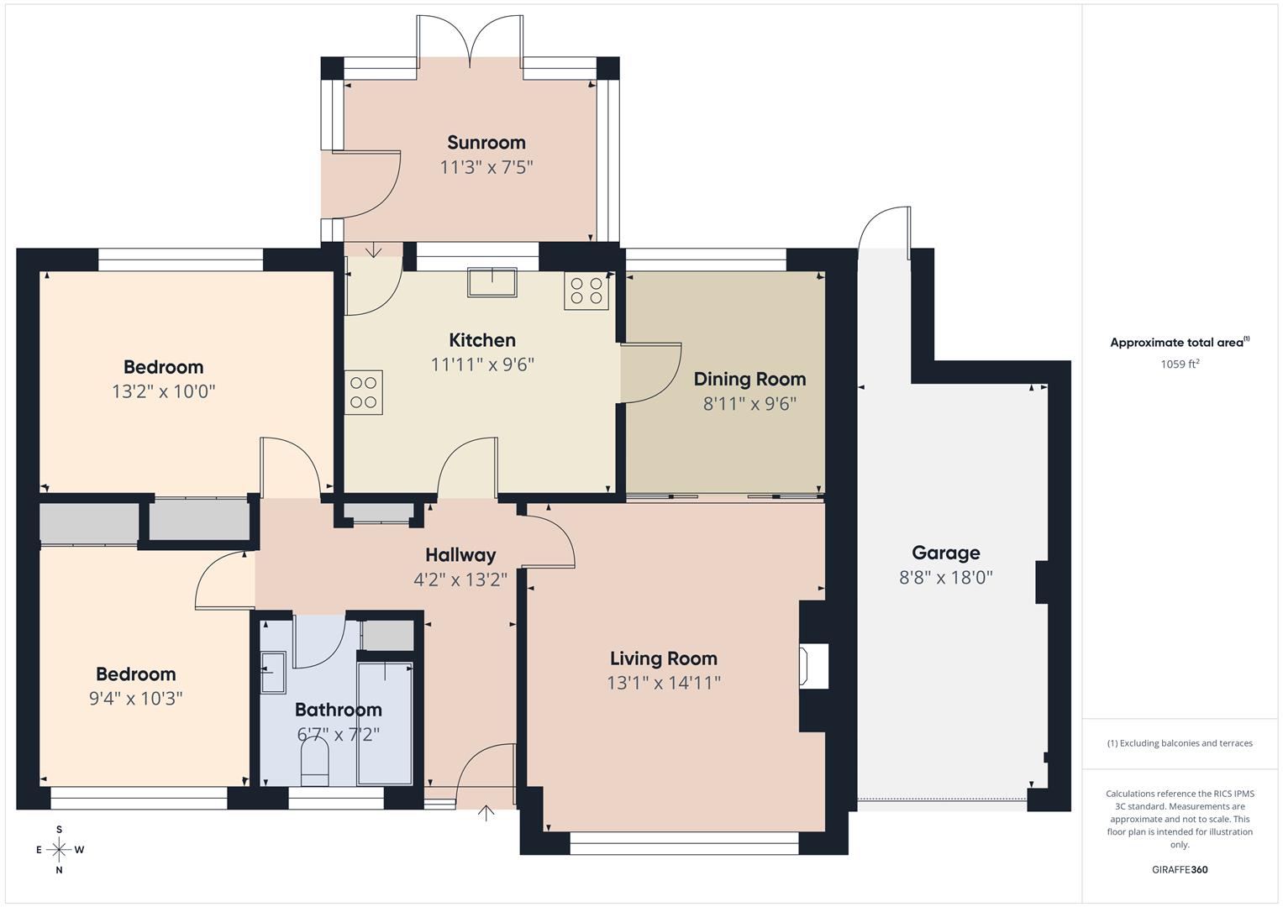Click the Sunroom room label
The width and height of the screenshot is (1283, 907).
pos(486,143)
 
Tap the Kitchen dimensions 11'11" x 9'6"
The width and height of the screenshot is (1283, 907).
pos(482,364)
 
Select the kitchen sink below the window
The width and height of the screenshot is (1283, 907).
pos(492,282)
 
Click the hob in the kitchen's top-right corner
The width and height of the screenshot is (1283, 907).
pos(586,291)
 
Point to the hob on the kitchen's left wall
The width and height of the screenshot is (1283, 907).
pos(363,392)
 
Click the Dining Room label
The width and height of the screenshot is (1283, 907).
pos(749,379)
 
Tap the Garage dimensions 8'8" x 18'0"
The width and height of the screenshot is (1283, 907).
pos(945,578)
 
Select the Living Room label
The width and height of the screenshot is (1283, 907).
pos(663,658)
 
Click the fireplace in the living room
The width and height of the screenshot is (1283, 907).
pos(814,666)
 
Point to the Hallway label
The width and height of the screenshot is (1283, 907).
pos(460,555)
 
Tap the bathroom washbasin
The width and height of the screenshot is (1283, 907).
pos(272,673)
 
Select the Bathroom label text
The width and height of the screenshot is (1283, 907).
pos(338,710)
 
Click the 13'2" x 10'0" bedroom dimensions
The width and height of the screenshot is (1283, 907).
pos(163,391)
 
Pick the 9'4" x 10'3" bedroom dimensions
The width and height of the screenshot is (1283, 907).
pos(135,699)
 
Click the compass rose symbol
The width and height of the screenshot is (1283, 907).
pos(59,850)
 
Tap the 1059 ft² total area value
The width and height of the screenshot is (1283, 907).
pos(1179,364)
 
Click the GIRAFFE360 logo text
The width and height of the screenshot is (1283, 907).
pos(1179,870)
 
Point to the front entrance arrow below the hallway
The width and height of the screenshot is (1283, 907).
pos(486,812)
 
